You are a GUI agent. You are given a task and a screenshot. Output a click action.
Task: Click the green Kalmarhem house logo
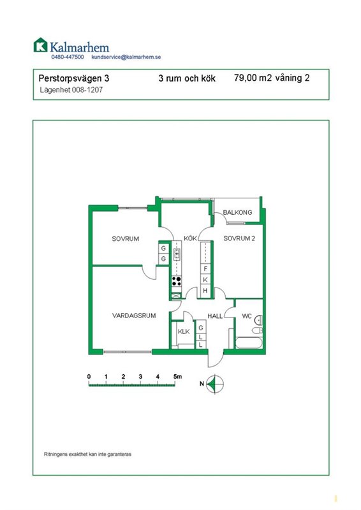(x=41, y=45)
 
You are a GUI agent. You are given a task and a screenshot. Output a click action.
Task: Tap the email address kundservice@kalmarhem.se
(x=126, y=57)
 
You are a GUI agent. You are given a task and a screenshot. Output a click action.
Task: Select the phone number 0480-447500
(x=68, y=57)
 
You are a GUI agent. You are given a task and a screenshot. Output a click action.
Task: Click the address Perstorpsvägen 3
(x=74, y=78)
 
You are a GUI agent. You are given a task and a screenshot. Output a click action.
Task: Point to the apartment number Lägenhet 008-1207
(x=71, y=90)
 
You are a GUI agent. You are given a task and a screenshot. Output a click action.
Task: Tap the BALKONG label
(x=237, y=212)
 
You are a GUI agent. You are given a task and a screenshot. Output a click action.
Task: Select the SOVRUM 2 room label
(x=239, y=238)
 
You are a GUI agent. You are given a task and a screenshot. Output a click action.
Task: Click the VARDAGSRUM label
(x=134, y=316)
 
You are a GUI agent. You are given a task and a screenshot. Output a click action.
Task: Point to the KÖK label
(x=190, y=238)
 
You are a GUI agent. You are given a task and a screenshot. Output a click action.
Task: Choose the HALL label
(x=215, y=316)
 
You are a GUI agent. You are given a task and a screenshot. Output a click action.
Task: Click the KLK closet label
(x=184, y=331)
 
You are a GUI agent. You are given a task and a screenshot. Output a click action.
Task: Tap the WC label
(x=246, y=316)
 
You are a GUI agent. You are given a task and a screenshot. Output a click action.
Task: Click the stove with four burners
(x=177, y=281)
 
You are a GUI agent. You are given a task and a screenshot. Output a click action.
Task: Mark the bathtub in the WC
(x=249, y=343)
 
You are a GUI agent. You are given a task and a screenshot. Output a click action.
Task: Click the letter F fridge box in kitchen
(x=205, y=269)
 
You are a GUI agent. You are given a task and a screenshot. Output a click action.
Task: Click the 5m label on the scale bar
(x=177, y=377)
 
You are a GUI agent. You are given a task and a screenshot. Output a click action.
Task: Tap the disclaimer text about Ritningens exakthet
(x=87, y=454)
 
